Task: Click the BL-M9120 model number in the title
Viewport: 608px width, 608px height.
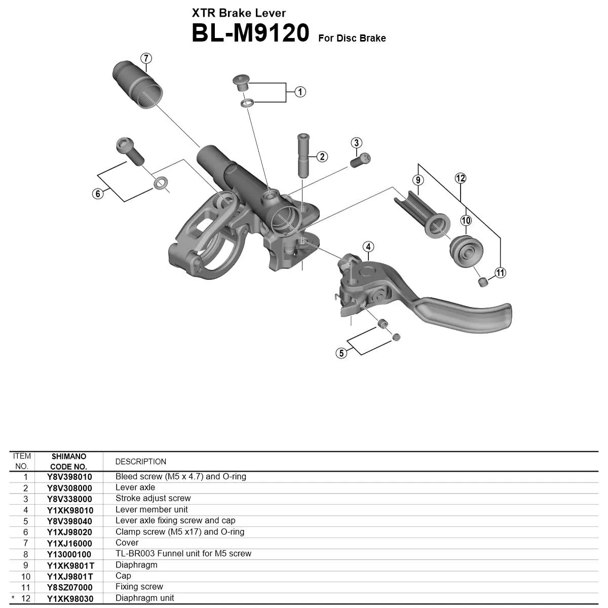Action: point(250,34)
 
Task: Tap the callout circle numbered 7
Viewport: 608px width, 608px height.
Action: point(146,58)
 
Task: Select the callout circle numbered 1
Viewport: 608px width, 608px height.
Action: point(300,92)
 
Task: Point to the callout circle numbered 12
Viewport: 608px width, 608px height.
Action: point(460,178)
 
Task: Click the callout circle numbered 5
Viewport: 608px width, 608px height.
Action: point(341,353)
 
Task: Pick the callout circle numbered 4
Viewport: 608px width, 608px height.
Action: point(368,247)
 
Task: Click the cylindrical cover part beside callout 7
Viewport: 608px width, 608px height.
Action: point(138,84)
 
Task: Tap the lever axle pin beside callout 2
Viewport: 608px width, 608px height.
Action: point(303,155)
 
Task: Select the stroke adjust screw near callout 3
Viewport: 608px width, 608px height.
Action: point(360,161)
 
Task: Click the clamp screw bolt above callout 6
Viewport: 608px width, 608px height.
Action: point(130,151)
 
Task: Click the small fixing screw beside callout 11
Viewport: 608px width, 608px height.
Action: point(483,281)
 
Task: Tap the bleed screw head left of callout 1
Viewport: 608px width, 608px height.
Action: point(241,81)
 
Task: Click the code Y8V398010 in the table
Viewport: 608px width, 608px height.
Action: point(69,477)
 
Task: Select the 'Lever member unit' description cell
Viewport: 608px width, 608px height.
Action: point(151,510)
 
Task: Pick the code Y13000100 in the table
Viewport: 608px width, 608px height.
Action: point(69,554)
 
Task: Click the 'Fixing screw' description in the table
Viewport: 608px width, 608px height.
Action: point(139,587)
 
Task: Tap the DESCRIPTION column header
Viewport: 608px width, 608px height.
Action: point(140,462)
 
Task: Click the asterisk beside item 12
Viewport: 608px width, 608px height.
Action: point(13,598)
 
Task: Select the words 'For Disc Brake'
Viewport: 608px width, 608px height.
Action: point(352,39)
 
